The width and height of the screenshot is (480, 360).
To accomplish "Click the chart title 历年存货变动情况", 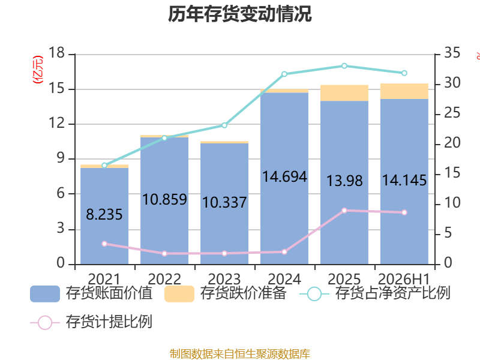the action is click(x=239, y=14).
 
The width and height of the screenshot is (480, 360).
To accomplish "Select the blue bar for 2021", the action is click(x=104, y=216).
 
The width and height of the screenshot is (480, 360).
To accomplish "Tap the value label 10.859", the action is click(x=164, y=200).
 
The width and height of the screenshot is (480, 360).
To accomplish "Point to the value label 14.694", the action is click(x=284, y=176).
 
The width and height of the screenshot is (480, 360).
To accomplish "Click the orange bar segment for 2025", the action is click(x=344, y=93).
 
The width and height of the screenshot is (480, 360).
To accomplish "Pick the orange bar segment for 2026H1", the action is click(x=404, y=91).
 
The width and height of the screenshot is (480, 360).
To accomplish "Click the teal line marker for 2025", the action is click(x=344, y=66).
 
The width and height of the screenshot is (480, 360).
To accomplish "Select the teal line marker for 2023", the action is click(x=224, y=125).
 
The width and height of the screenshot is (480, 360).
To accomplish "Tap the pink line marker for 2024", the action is click(x=284, y=252).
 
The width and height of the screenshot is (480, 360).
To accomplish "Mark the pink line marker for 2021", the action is click(x=104, y=244).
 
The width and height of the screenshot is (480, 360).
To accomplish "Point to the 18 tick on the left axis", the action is click(x=57, y=53).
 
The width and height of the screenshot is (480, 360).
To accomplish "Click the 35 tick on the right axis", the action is click(x=452, y=53).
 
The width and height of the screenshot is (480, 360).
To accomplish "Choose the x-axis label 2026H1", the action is click(x=404, y=279).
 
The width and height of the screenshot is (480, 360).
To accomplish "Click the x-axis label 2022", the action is click(x=164, y=279).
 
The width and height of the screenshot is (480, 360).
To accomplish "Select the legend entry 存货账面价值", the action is click(x=91, y=293).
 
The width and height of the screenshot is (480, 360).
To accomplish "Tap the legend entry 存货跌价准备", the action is click(x=226, y=293).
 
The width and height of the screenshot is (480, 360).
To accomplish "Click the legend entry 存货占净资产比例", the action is click(x=374, y=293).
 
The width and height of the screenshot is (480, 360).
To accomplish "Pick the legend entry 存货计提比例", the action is click(x=91, y=322).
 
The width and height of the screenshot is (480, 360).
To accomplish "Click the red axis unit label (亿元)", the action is click(x=38, y=70).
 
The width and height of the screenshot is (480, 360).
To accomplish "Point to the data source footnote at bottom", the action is click(x=239, y=353).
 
